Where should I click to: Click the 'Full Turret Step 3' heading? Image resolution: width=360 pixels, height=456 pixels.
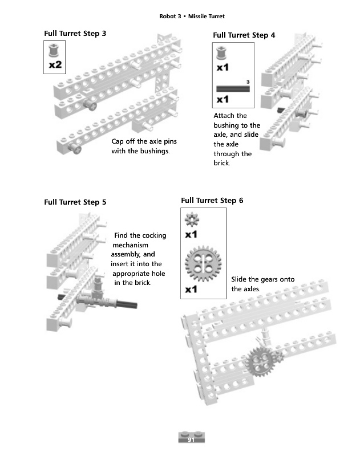(75, 34)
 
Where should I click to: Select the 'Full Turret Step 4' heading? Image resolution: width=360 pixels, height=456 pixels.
(244, 35)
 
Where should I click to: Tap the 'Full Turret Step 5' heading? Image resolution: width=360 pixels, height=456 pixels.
(75, 202)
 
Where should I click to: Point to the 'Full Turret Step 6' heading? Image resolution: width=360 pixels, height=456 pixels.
(212, 200)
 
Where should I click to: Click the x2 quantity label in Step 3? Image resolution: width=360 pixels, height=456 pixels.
(55, 65)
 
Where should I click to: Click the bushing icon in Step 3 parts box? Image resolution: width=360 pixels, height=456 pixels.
(55, 50)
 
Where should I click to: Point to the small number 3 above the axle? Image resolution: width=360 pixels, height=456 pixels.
(248, 82)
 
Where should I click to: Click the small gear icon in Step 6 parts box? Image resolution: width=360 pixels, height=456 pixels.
(191, 219)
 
